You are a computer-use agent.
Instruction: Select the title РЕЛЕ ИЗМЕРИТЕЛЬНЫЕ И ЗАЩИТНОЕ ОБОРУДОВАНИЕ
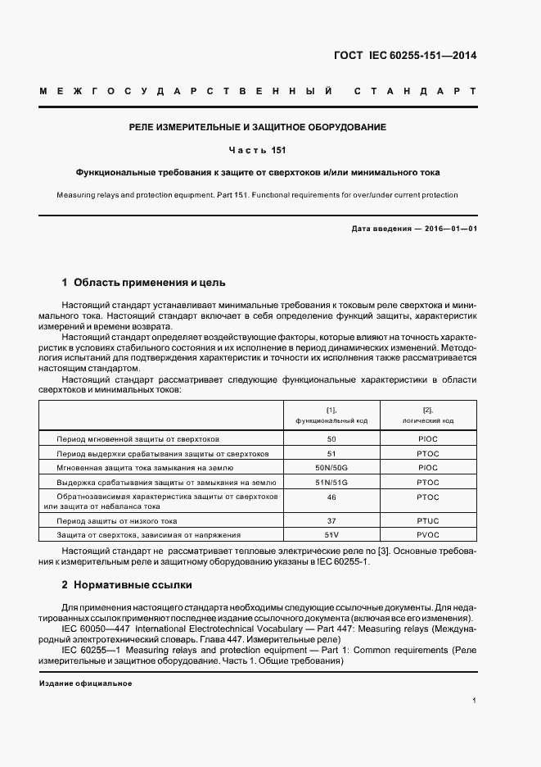pos(258,127)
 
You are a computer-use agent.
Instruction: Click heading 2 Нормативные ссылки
pos(127,586)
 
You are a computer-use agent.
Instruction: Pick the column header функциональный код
pos(331,420)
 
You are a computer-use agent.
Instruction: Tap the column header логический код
pos(428,420)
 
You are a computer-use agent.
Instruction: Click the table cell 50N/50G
pos(331,467)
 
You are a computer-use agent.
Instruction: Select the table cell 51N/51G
pos(331,482)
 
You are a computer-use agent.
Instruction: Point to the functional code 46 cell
pos(331,497)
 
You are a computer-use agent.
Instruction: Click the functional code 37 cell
pos(331,520)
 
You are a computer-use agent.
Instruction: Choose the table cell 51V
pos(331,534)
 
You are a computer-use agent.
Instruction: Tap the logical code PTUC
pos(428,520)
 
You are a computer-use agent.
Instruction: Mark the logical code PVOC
pos(428,534)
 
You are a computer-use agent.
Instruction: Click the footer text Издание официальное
pos(85,683)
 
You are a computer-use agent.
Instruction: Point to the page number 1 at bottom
pos(474,701)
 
